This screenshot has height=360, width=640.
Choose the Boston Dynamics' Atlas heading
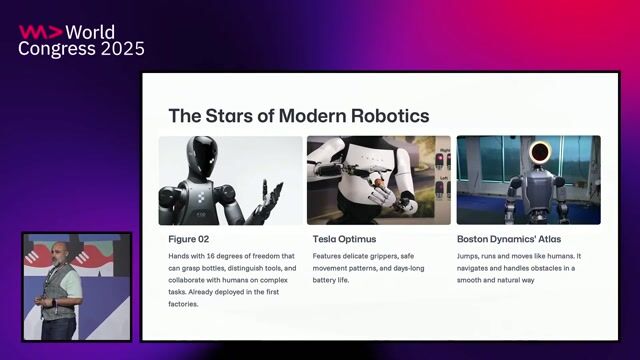pos(508,239)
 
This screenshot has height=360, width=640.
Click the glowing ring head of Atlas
pos(540,154)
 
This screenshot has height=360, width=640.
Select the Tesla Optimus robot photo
pos(378,180)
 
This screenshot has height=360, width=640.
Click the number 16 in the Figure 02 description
pos(213,256)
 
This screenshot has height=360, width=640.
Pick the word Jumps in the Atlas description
pos(470,256)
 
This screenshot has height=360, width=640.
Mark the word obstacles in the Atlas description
pos(549,268)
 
